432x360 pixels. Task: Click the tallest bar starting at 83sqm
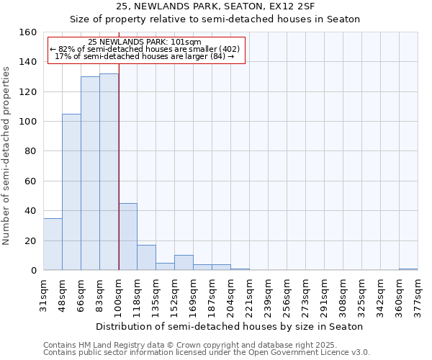[x=109, y=173]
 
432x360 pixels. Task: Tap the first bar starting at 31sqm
[x=53, y=244]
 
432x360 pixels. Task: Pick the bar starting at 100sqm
[x=127, y=237]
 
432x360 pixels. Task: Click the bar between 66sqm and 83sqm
[x=90, y=174]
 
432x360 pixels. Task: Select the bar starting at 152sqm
[x=184, y=263]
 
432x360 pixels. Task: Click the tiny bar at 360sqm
[x=408, y=269]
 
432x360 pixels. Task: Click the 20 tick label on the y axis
[x=30, y=240]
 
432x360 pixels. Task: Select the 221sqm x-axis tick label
[x=249, y=292]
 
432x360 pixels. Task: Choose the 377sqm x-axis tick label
[x=418, y=292]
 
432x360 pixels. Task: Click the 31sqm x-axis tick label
[x=43, y=292]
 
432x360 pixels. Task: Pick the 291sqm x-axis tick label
[x=324, y=292]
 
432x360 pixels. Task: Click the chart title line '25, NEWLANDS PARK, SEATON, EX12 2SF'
[x=215, y=6]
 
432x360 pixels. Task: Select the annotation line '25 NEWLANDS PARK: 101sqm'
[x=145, y=42]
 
